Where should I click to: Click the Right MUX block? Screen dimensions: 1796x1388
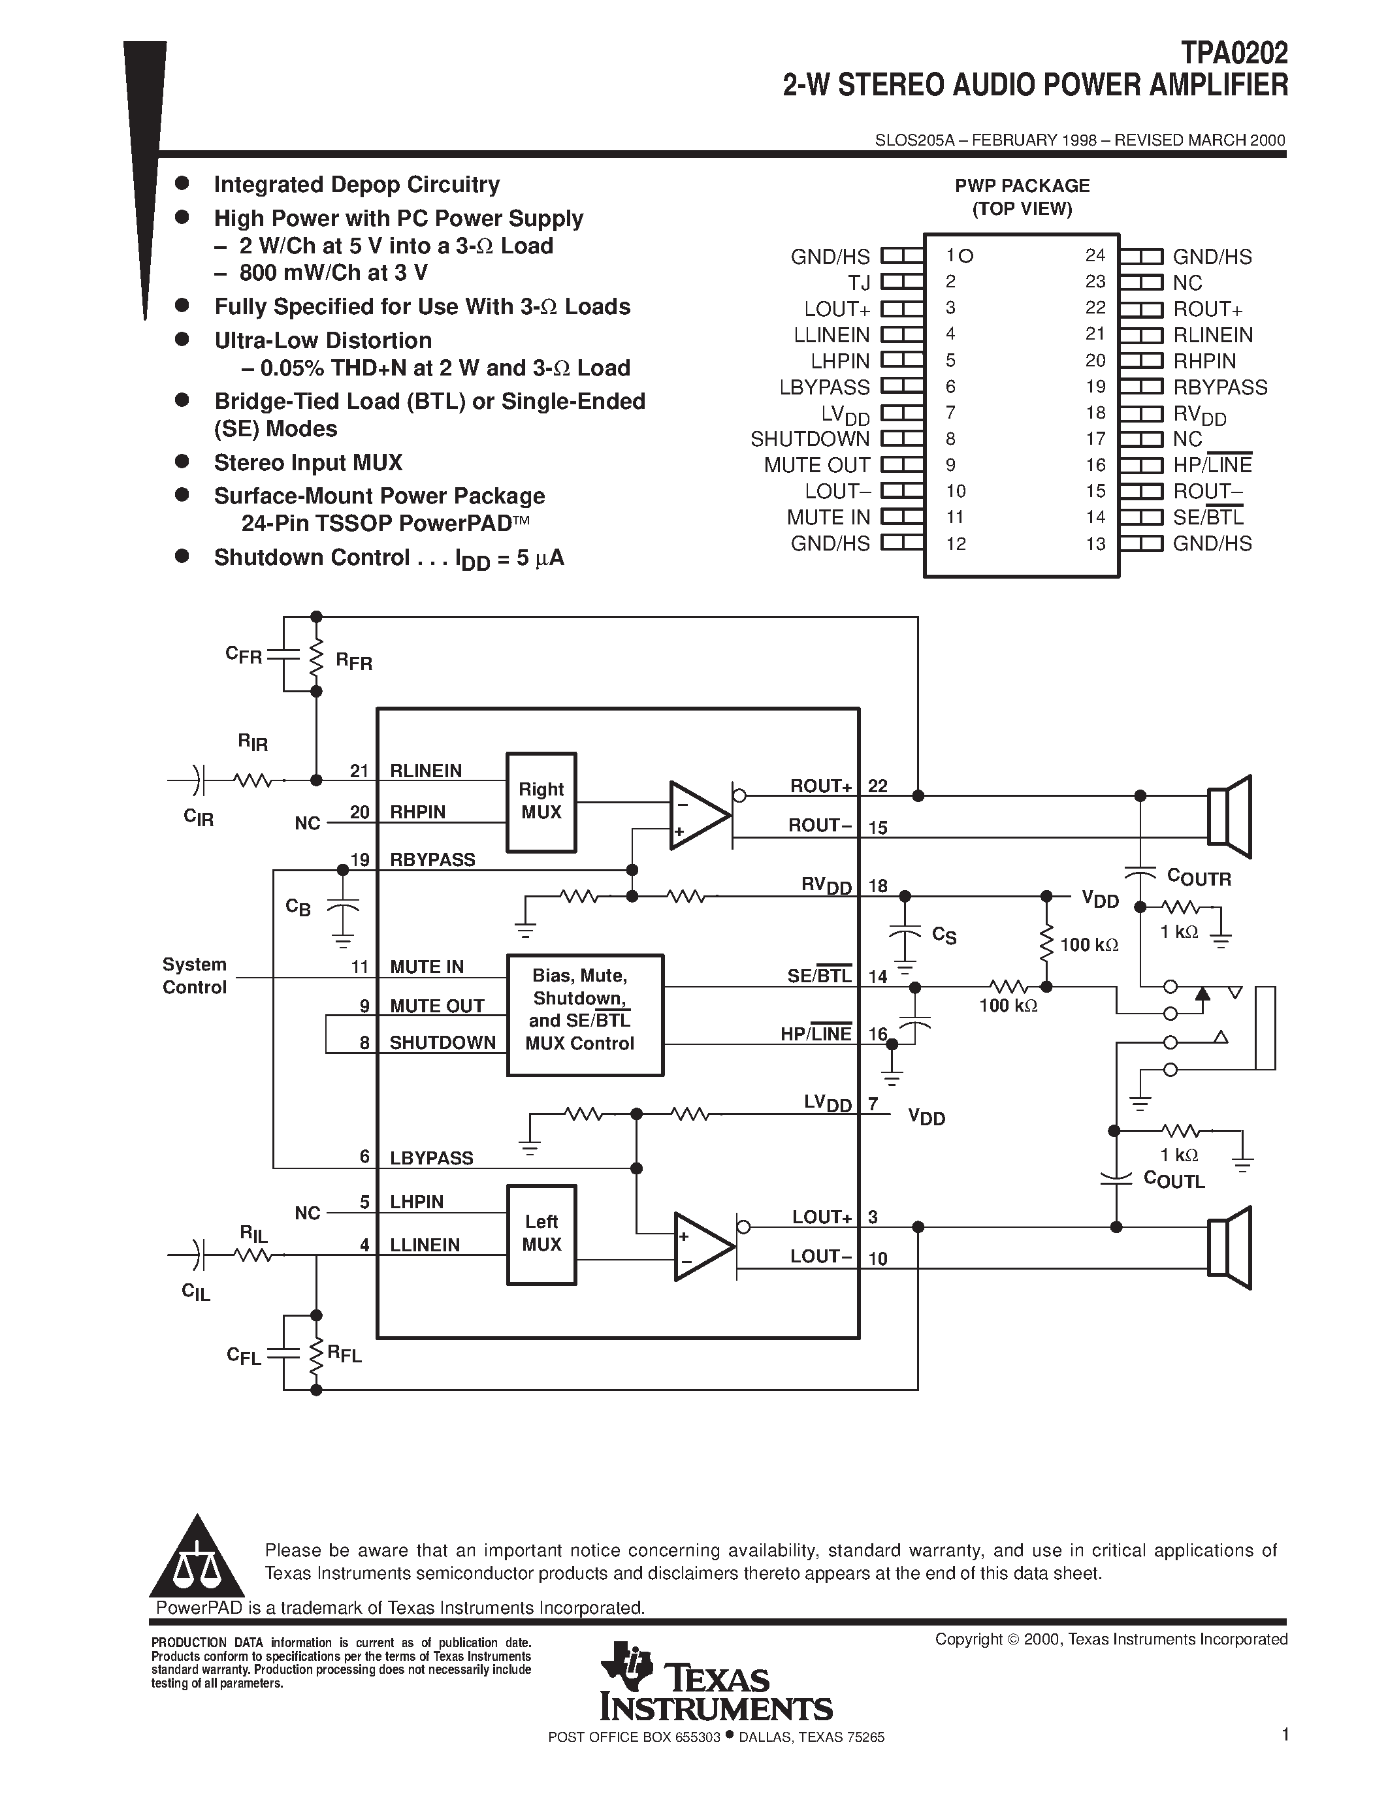(540, 802)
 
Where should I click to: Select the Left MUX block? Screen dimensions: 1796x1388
(540, 1234)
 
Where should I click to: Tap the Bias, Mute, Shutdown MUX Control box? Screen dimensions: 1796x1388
(585, 1014)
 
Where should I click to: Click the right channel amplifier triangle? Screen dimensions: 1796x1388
(698, 815)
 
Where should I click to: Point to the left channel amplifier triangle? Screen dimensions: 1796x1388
(702, 1247)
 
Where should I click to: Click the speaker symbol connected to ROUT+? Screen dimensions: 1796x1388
(1229, 816)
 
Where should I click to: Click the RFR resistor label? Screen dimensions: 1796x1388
(353, 662)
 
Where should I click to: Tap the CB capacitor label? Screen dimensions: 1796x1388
(298, 907)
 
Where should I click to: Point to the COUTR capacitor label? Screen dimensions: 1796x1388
(1199, 878)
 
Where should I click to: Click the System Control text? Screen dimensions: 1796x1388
(194, 975)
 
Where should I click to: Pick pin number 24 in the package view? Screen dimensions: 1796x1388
(1095, 256)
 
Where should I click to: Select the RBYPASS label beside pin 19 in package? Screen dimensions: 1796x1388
(1219, 387)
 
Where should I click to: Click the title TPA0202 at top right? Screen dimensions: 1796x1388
(1235, 54)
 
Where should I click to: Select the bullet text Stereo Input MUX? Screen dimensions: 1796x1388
(308, 463)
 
